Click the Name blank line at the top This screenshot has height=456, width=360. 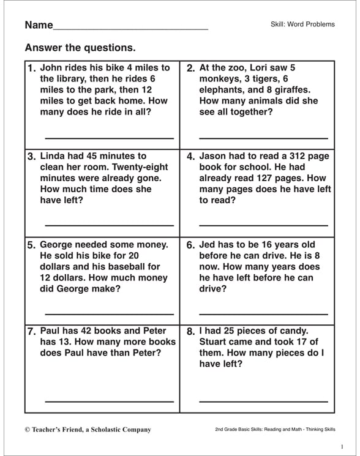point(130,29)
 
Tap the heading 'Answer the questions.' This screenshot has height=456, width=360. point(80,48)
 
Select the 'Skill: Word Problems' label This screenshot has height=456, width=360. point(302,24)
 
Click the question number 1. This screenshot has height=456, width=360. point(32,69)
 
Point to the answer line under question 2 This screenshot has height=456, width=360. point(263,138)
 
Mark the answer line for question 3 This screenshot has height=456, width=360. point(109,226)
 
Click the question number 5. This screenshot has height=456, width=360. point(32,245)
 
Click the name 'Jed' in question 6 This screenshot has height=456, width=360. point(209,245)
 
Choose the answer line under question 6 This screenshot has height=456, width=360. point(263,314)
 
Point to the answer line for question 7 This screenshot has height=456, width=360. point(109,402)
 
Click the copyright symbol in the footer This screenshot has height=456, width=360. point(28,430)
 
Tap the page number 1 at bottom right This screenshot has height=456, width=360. point(342,447)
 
